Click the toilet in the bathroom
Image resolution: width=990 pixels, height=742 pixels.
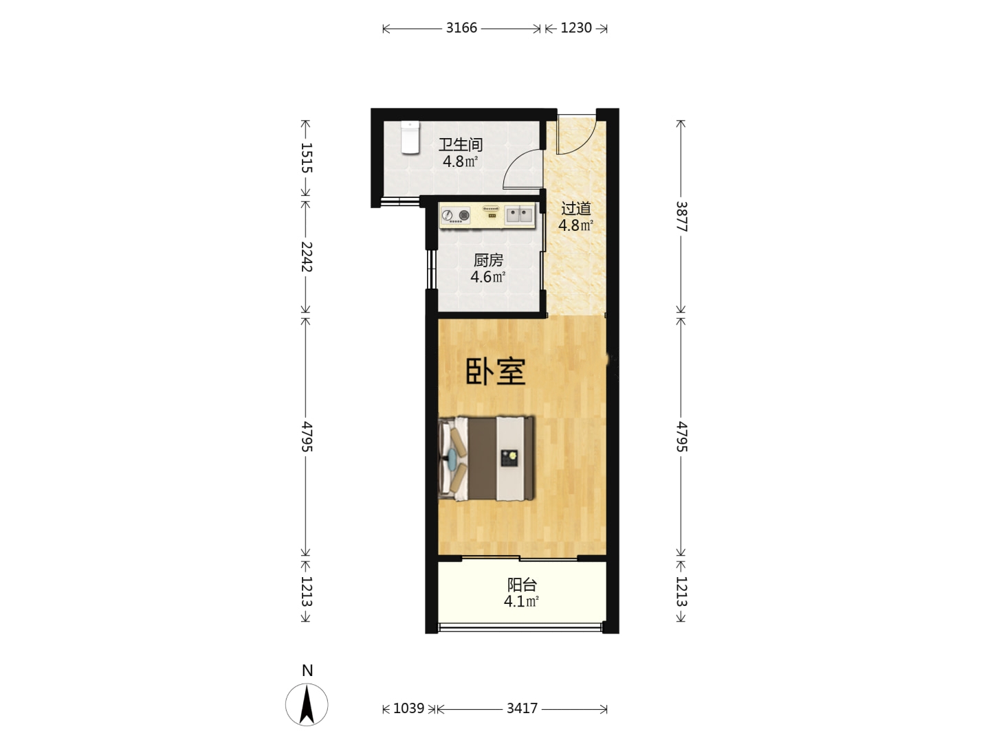tap(410, 137)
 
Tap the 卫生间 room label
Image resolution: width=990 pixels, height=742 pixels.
tap(461, 144)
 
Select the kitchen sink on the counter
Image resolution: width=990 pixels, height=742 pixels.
tap(518, 214)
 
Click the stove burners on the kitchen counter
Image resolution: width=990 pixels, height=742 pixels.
tap(455, 215)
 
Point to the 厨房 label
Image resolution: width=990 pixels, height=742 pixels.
tap(488, 260)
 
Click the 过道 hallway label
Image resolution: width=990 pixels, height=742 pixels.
tap(575, 209)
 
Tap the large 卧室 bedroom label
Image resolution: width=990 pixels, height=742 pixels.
tap(495, 372)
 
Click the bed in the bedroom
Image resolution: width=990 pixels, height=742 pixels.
tap(487, 458)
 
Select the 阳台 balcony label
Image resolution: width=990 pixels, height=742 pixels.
tap(522, 585)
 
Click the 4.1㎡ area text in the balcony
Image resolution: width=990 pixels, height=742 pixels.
tap(521, 601)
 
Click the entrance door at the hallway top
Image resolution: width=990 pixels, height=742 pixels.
tap(577, 135)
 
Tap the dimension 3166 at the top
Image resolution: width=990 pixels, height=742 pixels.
tap(461, 28)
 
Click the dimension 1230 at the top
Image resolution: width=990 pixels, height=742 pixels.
tap(576, 28)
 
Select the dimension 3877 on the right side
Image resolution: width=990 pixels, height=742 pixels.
tap(681, 216)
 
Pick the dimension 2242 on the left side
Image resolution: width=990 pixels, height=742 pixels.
tap(306, 257)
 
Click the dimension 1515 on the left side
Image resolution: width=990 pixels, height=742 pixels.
tap(306, 158)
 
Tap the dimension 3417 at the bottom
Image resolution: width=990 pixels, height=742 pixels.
tap(522, 708)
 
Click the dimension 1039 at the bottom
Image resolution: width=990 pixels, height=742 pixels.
tap(408, 708)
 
